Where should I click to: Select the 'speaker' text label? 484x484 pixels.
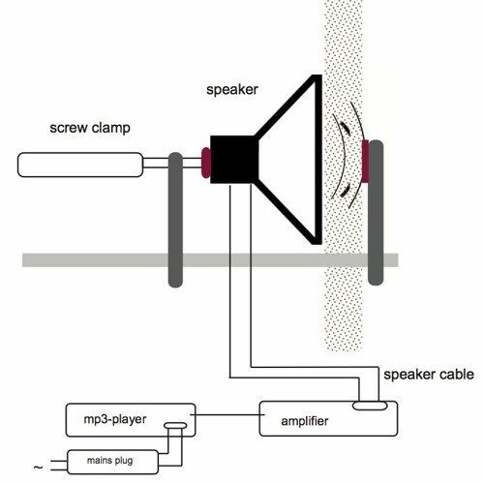tap(233, 90)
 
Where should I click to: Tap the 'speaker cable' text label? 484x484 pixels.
tap(429, 375)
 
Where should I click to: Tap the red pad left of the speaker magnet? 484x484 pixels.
tap(205, 162)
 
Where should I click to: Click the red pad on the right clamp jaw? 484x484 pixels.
tap(365, 162)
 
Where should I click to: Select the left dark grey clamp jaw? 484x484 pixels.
tap(175, 218)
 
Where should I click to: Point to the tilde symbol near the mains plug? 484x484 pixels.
tap(38, 469)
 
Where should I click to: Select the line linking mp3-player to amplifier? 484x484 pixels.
tap(228, 415)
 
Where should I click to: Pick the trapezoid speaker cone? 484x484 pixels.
tap(290, 160)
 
